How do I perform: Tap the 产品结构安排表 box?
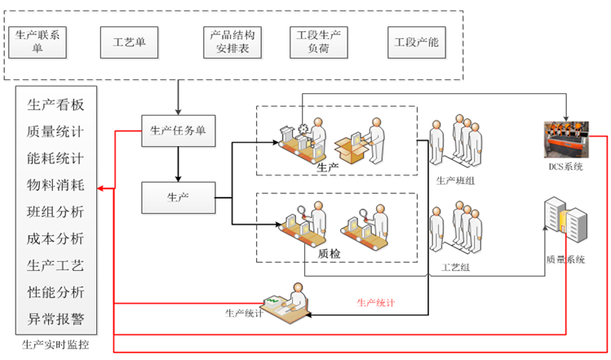point(232,41)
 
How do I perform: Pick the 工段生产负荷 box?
point(318,41)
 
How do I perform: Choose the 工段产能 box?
point(416,42)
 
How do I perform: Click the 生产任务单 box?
point(179,130)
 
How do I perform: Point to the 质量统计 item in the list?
point(55,131)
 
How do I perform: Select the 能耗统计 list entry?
point(55,158)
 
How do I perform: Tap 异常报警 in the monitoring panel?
point(55,318)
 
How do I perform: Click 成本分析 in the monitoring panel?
point(55,238)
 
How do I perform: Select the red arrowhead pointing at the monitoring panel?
point(101,189)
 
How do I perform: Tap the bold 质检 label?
point(330,254)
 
